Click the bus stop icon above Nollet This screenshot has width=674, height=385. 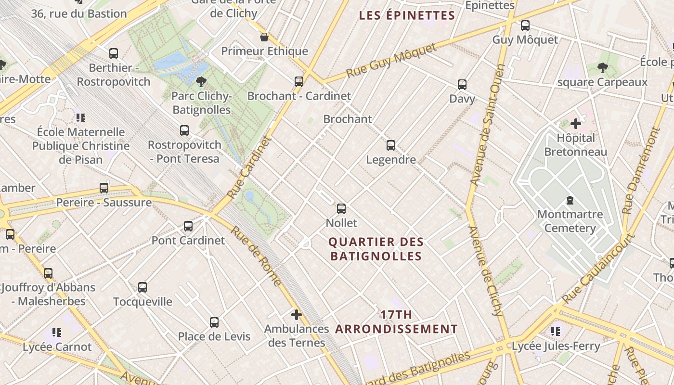pos(341,209)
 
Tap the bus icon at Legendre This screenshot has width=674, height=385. pos(391,145)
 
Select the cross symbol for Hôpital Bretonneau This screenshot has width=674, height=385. pos(575,124)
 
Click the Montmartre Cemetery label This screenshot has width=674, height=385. pos(570,221)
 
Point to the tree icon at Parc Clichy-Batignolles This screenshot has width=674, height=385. pos(201,82)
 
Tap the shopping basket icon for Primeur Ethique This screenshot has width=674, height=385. pos(264,37)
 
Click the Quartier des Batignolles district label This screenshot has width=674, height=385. pos(376,249)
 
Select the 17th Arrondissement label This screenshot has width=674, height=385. pos(396,322)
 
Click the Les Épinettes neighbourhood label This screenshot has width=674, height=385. pos(407,15)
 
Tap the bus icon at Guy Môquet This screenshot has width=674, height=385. pos(525,26)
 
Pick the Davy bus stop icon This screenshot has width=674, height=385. pos(462,85)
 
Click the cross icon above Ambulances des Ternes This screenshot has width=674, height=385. pos(297,315)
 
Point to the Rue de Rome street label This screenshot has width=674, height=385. pos(255,256)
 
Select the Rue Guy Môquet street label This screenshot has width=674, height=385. pos(391,60)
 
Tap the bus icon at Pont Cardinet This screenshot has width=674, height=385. pos(188,226)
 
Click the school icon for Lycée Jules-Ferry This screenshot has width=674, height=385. pos(556,332)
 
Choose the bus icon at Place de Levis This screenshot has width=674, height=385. pos(214,322)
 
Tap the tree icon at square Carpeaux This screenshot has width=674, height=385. pos(602,68)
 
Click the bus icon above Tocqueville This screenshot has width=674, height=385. pos(143,287)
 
